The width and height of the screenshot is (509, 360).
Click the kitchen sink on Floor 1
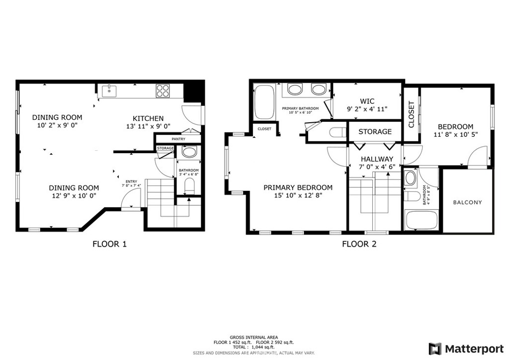[x=109, y=91]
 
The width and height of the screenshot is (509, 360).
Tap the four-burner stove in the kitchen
[x=163, y=91]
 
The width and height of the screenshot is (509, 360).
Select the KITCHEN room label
[x=148, y=118]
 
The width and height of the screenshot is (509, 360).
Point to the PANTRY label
[x=179, y=139]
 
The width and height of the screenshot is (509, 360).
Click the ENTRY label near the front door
[x=131, y=181]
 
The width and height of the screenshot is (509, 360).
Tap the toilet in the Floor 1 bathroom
[x=189, y=186]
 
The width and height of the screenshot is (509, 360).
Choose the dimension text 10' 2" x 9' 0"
[x=57, y=126]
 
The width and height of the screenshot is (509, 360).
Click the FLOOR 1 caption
[x=110, y=244]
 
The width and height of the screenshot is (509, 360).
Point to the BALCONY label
[x=467, y=202]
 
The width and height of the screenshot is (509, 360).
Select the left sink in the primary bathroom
[x=295, y=90]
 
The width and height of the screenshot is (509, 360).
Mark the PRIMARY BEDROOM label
[x=298, y=187]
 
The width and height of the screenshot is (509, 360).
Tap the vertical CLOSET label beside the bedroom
[x=411, y=114]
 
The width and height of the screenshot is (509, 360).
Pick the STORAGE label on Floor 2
[x=375, y=132]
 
